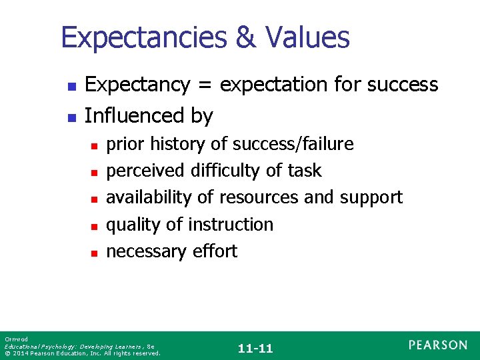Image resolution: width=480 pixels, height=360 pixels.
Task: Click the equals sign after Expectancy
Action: coord(203,85)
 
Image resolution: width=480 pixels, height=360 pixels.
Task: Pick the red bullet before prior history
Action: coord(95,145)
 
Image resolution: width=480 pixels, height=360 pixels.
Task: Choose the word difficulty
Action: coord(223,171)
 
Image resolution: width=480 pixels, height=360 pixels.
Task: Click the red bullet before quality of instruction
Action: coord(95,226)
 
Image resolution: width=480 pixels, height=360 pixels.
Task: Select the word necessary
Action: coord(147,251)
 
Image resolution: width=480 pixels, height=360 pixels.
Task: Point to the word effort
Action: coord(215,251)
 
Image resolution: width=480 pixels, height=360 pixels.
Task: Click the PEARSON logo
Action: coord(438,345)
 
